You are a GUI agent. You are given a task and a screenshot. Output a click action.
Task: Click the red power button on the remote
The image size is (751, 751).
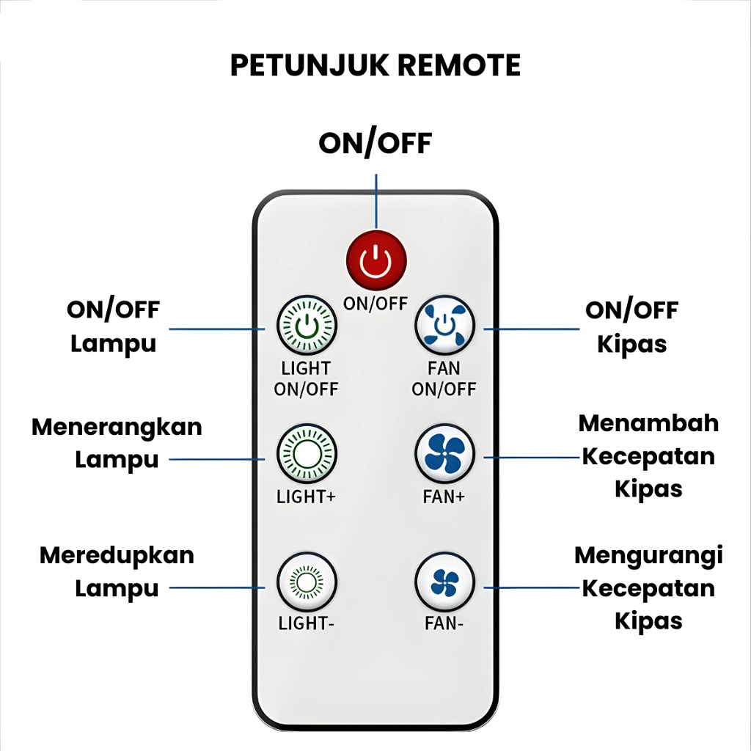coord(376,261)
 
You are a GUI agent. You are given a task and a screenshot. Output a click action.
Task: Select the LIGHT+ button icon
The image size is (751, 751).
coord(306,455)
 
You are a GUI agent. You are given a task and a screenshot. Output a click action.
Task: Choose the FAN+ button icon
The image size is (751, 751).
coord(444,455)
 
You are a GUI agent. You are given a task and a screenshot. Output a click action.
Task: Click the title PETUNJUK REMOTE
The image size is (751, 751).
coord(375,65)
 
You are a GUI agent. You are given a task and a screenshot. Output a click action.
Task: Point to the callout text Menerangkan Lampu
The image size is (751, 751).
coord(117,443)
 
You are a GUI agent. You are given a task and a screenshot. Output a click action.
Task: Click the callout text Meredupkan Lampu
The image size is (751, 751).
coord(117,571)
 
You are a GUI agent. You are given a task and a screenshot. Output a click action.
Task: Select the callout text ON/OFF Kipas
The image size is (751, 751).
coord(631,326)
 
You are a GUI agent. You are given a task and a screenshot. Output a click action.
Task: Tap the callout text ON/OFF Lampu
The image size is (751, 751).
coord(113,326)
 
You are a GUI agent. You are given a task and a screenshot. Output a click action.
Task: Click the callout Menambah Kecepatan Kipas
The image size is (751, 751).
coord(648,455)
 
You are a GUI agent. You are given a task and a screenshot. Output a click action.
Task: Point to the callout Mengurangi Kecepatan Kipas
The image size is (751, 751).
coord(648,587)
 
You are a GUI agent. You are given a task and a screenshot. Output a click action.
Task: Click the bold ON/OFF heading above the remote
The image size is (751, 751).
coord(375,143)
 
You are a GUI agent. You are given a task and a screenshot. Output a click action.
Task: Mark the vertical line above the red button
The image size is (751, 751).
coord(376,201)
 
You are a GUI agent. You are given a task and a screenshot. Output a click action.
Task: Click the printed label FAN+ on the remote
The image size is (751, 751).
coord(444,497)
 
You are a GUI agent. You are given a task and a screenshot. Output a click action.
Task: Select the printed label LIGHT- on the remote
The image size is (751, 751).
coord(306,624)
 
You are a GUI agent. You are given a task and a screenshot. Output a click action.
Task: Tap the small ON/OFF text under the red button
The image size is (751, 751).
coord(375,303)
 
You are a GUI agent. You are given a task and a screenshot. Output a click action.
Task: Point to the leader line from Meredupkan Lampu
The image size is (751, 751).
coord(216,587)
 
